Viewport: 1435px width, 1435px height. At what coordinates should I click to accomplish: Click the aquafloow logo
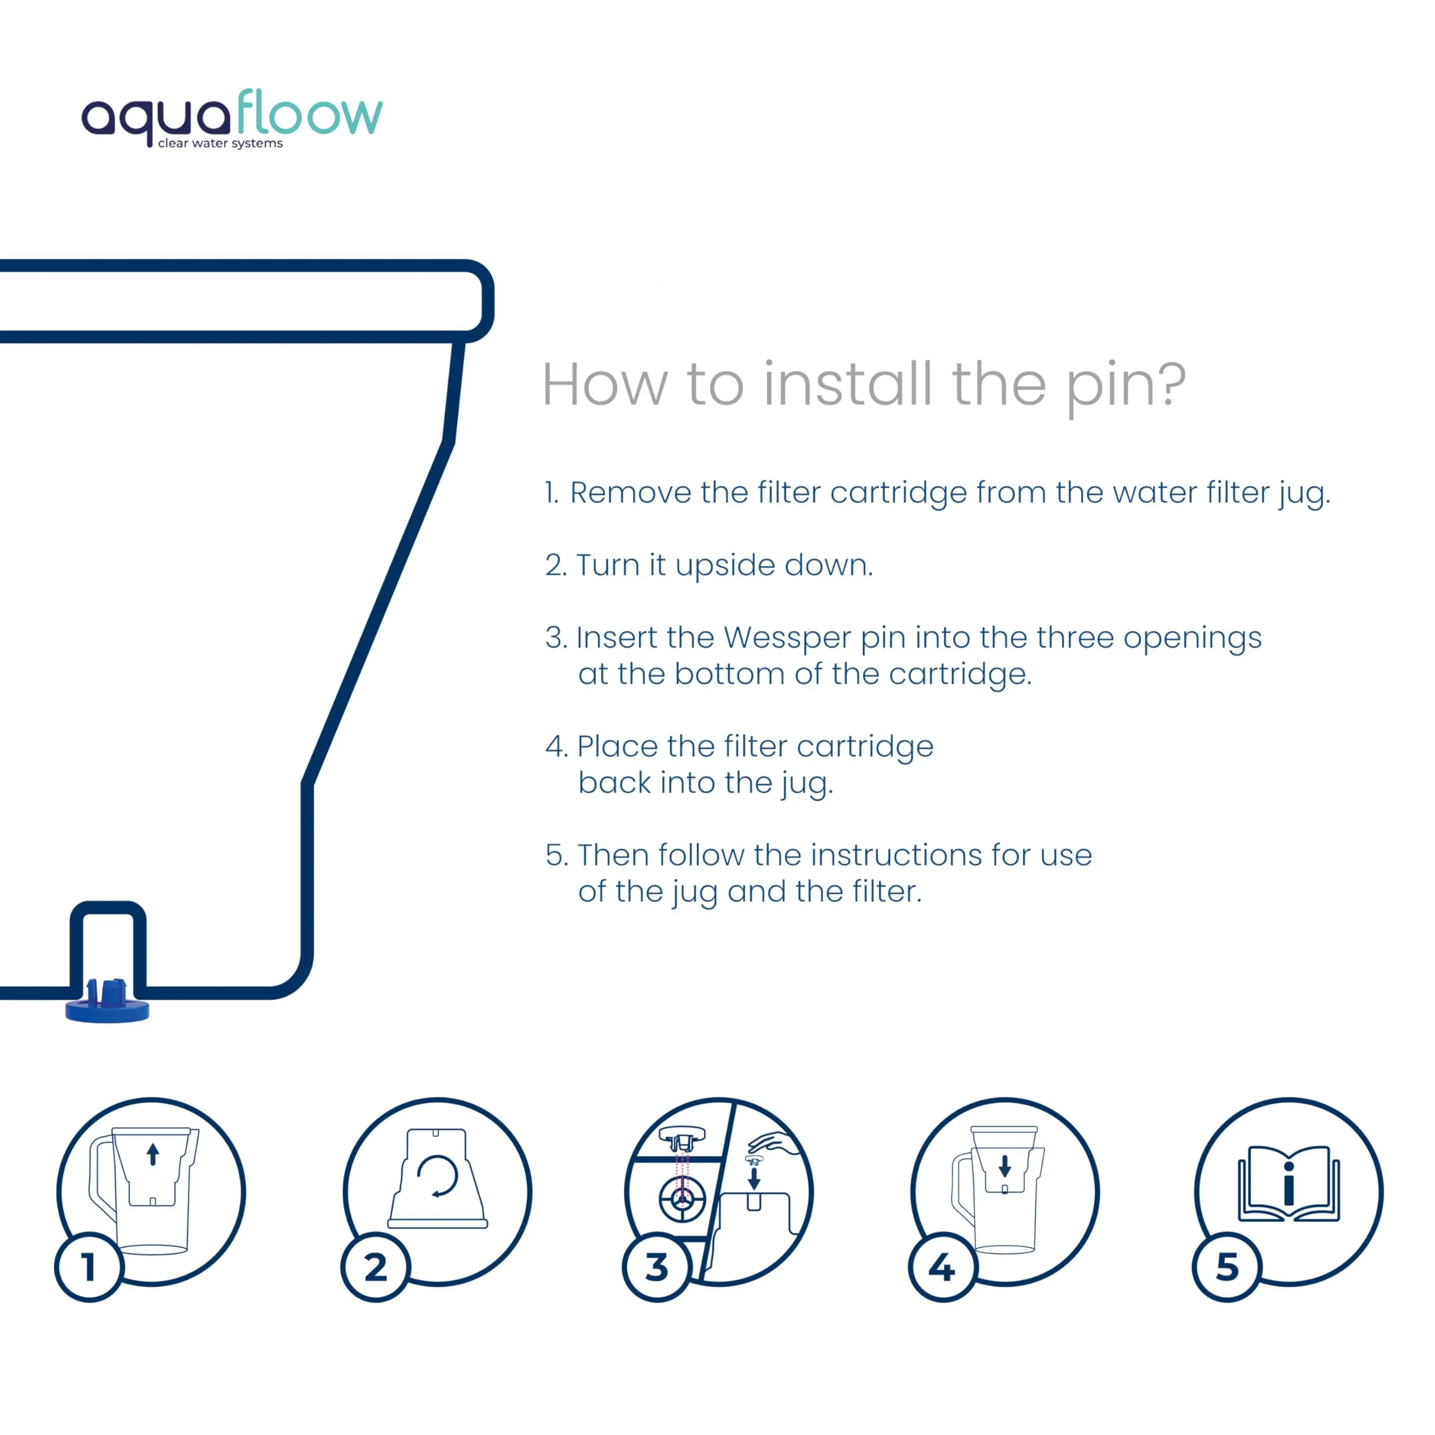coord(232,117)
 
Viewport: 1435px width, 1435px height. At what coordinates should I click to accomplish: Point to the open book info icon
coord(1289,1183)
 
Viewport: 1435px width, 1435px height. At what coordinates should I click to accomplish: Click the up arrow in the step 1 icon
coord(153,1154)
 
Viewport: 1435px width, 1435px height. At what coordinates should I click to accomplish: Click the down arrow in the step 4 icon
coord(1005,1166)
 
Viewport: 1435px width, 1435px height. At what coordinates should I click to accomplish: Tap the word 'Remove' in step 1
coord(631,493)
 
